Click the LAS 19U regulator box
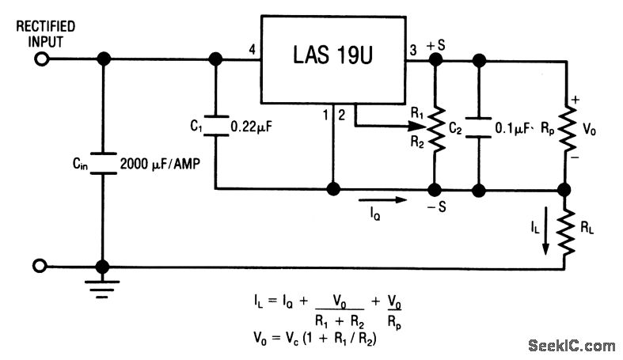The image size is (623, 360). coord(334,57)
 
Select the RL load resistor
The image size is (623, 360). coord(564,233)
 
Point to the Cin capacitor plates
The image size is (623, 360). coord(102,164)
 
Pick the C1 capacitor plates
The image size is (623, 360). coord(215,124)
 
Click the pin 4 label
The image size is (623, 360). coord(251,51)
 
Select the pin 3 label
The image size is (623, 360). coord(412,51)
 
